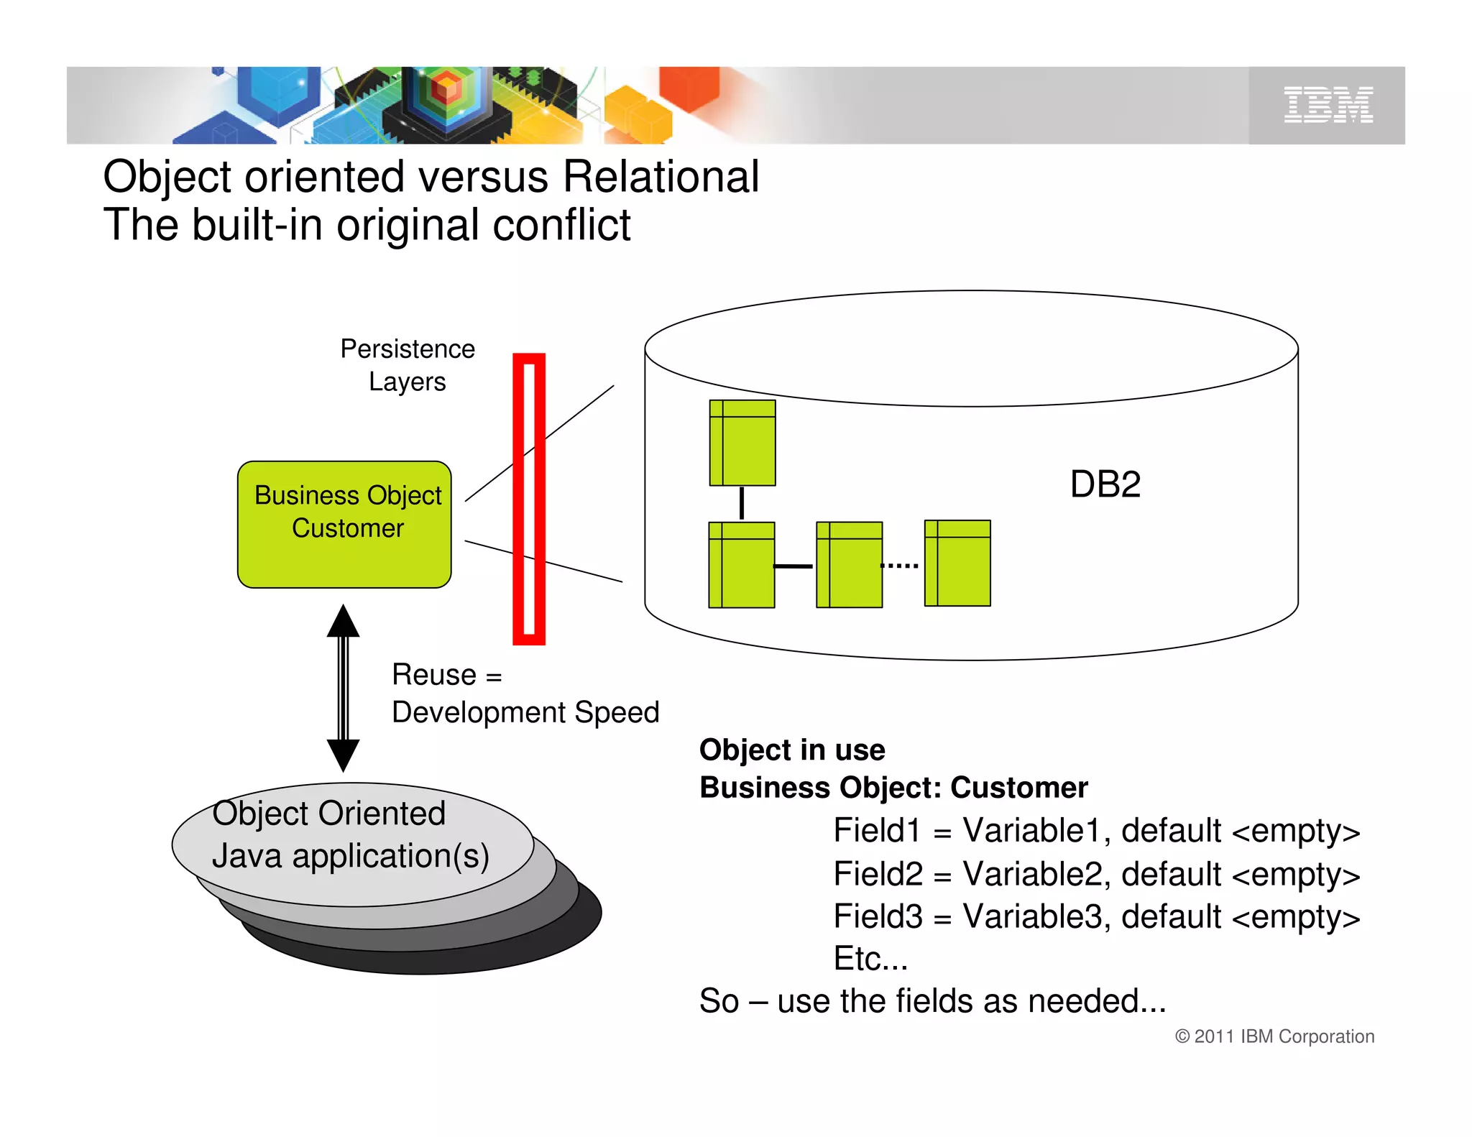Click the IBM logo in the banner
click(1328, 105)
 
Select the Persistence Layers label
click(408, 365)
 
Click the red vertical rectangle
click(528, 499)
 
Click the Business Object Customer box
click(345, 525)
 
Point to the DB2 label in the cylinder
click(1105, 484)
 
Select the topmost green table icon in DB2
click(742, 443)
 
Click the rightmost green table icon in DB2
click(957, 563)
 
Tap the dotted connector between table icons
click(900, 566)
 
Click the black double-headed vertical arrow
click(344, 689)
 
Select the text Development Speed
click(525, 712)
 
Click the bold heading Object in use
click(792, 750)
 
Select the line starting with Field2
click(1096, 874)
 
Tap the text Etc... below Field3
click(870, 959)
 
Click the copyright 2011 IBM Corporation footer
click(1274, 1036)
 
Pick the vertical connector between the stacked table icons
click(742, 503)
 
